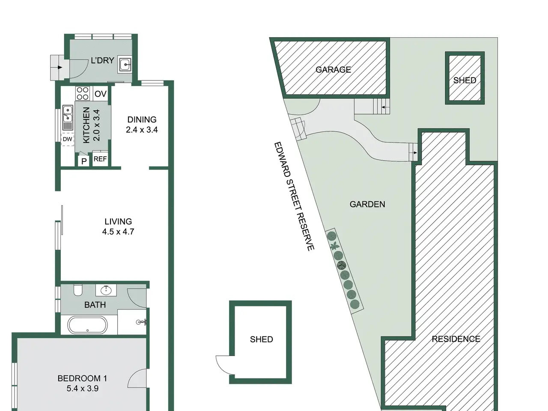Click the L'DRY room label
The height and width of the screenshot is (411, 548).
pyautogui.click(x=102, y=60)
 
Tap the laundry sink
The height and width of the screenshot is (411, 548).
pyautogui.click(x=125, y=65)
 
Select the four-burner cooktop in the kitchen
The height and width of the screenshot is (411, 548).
pyautogui.click(x=82, y=93)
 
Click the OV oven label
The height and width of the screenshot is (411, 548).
pyautogui.click(x=101, y=94)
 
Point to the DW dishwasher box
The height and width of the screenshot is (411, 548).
pyautogui.click(x=67, y=139)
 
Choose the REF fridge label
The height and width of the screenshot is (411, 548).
pyautogui.click(x=100, y=159)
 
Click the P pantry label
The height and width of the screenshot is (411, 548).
pyautogui.click(x=84, y=161)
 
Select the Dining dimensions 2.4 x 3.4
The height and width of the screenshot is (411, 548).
pyautogui.click(x=142, y=130)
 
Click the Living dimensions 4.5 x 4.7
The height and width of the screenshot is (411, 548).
pyautogui.click(x=118, y=232)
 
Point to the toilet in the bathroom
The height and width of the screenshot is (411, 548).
pyautogui.click(x=78, y=290)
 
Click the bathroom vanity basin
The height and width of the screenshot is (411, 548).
pyautogui.click(x=106, y=290)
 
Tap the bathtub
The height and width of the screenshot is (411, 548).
pyautogui.click(x=88, y=325)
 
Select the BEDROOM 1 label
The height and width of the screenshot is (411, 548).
pyautogui.click(x=82, y=378)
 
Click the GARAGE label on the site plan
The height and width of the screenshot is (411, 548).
pyautogui.click(x=333, y=70)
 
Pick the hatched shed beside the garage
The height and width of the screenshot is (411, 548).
pyautogui.click(x=465, y=78)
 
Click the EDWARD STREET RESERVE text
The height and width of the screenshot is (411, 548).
pyautogui.click(x=294, y=196)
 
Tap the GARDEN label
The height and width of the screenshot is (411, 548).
pyautogui.click(x=367, y=204)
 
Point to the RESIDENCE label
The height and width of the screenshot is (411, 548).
pyautogui.click(x=456, y=339)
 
